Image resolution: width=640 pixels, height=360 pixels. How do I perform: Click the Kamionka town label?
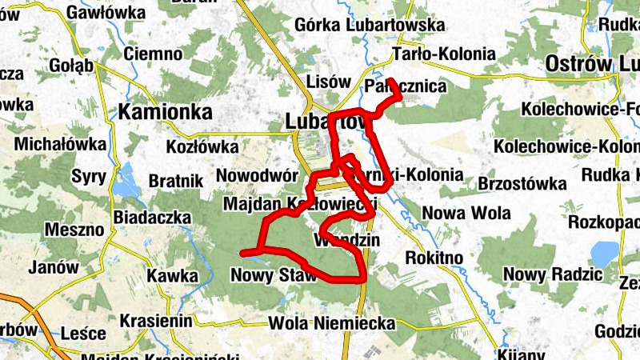pyautogui.click(x=166, y=111)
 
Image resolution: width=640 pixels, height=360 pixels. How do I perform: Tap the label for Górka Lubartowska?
pyautogui.click(x=370, y=26)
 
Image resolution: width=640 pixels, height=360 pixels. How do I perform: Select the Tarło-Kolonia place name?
pyautogui.click(x=444, y=55)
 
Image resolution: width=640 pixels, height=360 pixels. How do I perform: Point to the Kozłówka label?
pyautogui.click(x=202, y=147)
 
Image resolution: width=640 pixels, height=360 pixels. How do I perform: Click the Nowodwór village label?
pyautogui.click(x=257, y=175)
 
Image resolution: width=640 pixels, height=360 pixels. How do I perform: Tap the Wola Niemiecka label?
pyautogui.click(x=333, y=323)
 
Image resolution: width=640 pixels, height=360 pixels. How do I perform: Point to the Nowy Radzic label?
pyautogui.click(x=553, y=274)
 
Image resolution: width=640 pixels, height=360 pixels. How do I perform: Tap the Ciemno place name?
pyautogui.click(x=154, y=54)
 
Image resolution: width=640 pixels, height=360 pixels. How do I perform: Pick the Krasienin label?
pyautogui.click(x=156, y=321)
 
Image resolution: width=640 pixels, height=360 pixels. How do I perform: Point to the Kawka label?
pyautogui.click(x=171, y=276)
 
